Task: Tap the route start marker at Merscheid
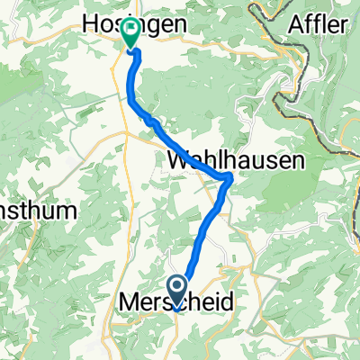coord(176,292)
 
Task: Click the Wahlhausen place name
coord(236,159)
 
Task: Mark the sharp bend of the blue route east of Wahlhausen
coord(229,177)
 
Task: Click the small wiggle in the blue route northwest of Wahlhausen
coord(150,121)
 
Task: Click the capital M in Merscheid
coord(129,305)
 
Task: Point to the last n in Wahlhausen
coord(297,159)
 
